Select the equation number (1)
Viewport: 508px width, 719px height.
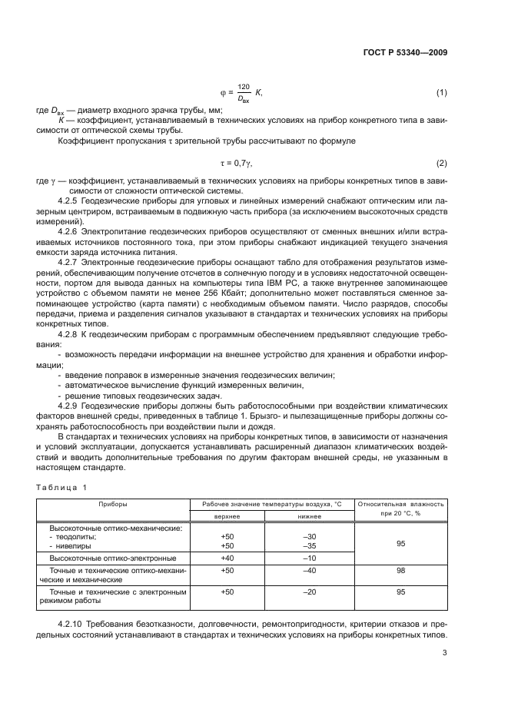(442, 93)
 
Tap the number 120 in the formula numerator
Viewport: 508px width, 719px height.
(244, 87)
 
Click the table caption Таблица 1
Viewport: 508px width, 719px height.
(63, 488)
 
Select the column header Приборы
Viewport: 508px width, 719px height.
(113, 504)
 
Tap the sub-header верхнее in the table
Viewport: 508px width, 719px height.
(227, 516)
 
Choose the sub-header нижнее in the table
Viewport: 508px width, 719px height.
(309, 516)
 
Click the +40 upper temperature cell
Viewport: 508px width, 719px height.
(227, 558)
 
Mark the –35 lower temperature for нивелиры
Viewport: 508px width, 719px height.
(310, 545)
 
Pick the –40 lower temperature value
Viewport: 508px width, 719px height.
(310, 571)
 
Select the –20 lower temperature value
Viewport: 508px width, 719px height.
(310, 592)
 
